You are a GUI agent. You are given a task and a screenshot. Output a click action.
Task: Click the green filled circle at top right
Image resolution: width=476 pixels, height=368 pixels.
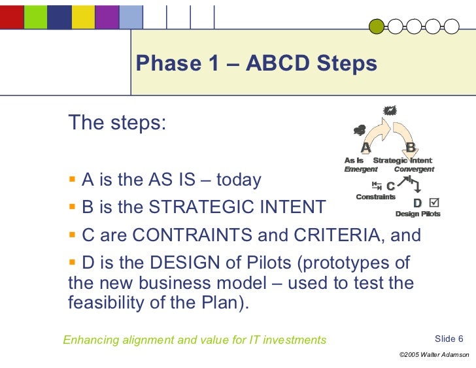pyautogui.click(x=377, y=26)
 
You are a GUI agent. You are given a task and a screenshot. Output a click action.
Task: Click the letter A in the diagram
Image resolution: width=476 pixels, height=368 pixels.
pyautogui.click(x=366, y=147)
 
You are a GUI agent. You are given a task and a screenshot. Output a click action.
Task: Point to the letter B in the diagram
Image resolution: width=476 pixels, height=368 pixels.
pyautogui.click(x=411, y=147)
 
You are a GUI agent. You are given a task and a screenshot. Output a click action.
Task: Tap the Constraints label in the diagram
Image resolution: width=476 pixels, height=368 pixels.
pyautogui.click(x=375, y=197)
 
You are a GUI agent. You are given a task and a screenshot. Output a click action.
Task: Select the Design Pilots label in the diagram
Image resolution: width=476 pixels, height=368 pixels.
pyautogui.click(x=418, y=214)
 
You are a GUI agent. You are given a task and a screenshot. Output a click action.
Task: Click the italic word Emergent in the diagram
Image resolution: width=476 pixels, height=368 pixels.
pyautogui.click(x=361, y=169)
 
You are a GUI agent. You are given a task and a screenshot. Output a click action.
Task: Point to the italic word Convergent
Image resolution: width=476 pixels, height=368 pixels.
pyautogui.click(x=414, y=169)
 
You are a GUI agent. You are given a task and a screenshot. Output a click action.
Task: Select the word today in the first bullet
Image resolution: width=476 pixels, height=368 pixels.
pyautogui.click(x=239, y=180)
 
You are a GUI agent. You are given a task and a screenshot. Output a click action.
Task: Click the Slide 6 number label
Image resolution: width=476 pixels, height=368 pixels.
pyautogui.click(x=449, y=339)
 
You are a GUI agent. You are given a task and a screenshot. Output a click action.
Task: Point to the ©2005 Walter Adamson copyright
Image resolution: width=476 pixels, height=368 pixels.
pyautogui.click(x=433, y=354)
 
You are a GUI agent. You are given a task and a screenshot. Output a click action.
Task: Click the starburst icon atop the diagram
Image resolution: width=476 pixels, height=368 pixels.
pyautogui.click(x=391, y=112)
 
